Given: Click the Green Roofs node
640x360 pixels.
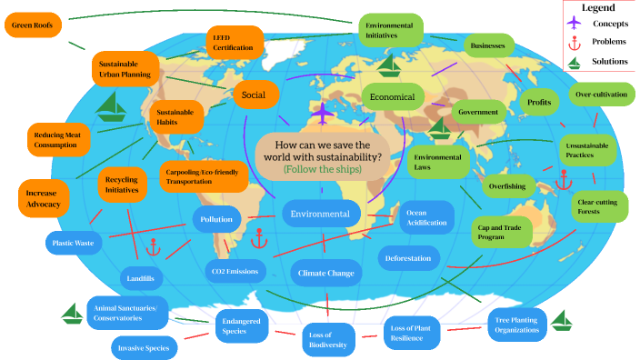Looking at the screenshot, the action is point(34,25).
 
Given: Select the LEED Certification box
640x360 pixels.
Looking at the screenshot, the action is point(234,42).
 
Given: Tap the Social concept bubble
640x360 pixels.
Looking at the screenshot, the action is point(254,95).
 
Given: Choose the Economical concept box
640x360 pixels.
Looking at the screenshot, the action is point(392,96).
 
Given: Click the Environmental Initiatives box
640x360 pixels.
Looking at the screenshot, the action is point(389,29).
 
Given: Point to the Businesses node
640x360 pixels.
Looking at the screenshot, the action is point(488,45).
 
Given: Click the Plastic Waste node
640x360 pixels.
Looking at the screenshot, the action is point(75,244).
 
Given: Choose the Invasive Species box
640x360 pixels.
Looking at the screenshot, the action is point(145,347).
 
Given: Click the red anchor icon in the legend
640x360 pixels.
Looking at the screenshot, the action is point(573,42).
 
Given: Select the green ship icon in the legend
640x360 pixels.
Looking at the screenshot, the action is point(573,62).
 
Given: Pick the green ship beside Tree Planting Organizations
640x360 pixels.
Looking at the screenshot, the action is point(562,320).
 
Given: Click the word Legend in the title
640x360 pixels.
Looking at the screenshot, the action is point(598,7).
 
